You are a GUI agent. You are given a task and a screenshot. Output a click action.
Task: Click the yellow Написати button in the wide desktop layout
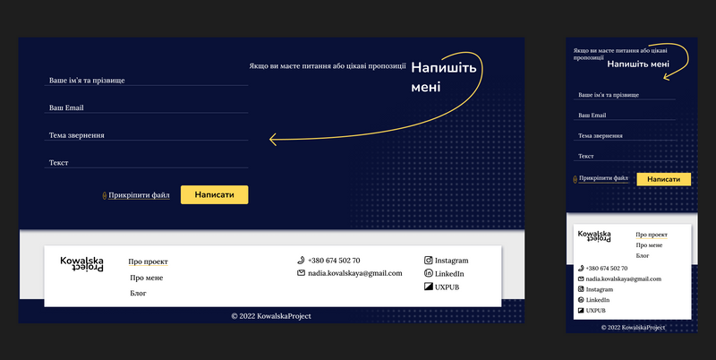[x=214, y=194]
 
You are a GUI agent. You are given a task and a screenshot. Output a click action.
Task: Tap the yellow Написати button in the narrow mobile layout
[x=663, y=179]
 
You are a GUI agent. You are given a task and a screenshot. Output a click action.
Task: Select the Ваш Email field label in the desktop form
[x=66, y=107]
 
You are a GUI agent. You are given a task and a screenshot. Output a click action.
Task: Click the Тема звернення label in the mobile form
[x=600, y=136]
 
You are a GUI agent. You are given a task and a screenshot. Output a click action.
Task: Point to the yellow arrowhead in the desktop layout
[x=273, y=140]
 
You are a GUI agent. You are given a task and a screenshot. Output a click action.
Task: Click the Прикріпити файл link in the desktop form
[x=139, y=195]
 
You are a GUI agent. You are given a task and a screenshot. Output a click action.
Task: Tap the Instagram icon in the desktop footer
[x=429, y=260]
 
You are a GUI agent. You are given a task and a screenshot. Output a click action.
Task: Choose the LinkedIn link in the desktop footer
[x=449, y=274]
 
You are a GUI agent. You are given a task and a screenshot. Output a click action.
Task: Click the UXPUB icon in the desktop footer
[x=429, y=287]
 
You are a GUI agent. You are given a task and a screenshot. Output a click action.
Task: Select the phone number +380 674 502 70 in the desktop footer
[x=334, y=261]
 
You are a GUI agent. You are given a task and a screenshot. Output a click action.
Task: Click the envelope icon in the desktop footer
[x=301, y=273]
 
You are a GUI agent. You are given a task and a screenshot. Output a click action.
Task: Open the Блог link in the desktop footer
[x=138, y=294]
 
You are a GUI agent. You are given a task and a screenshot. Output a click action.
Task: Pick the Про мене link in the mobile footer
[x=649, y=245]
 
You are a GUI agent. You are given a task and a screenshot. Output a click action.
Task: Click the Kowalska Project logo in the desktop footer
[x=81, y=264]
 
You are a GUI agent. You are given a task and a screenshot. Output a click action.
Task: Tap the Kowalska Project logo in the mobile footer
[x=594, y=236]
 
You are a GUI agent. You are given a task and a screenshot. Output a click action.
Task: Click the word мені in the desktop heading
[x=426, y=87]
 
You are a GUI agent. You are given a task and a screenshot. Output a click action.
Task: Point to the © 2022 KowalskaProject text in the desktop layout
[x=271, y=316]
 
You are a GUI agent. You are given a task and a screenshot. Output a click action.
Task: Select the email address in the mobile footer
[x=623, y=279]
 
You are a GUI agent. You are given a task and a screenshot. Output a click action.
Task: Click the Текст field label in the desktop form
[x=58, y=163]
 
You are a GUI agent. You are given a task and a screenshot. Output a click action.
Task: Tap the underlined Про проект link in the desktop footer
[x=148, y=261]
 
